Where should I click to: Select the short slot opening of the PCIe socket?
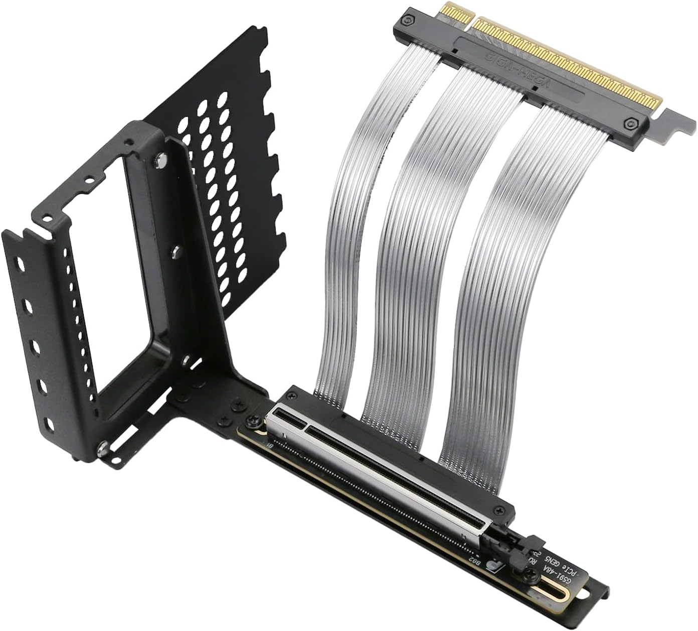[289, 417]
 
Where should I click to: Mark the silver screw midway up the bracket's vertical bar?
[176, 249]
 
